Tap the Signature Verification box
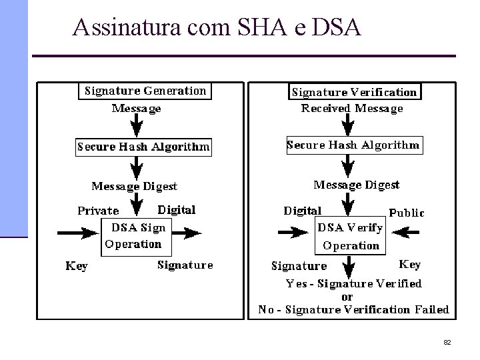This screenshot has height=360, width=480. pos(354,92)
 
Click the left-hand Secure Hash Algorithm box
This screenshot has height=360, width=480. pos(143,147)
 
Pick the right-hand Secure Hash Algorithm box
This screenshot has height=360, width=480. pos(353,145)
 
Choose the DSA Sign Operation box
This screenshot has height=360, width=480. pos(136,235)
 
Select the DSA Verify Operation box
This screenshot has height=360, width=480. pos(349,236)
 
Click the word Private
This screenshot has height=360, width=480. pos(99,211)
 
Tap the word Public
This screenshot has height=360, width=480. pos(406,213)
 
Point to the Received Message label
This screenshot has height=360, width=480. pos(352,108)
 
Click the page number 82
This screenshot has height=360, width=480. pos(447,342)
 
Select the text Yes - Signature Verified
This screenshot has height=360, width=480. pos(354,284)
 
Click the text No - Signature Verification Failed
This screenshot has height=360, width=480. pos(354,309)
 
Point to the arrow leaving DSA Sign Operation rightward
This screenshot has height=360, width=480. pos(186,233)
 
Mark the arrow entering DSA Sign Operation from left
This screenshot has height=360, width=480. pos(81,233)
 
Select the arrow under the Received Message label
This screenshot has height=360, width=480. pos(347,125)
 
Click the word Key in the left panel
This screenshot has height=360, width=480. pos(77,266)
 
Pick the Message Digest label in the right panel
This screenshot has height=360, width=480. pos(357,185)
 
